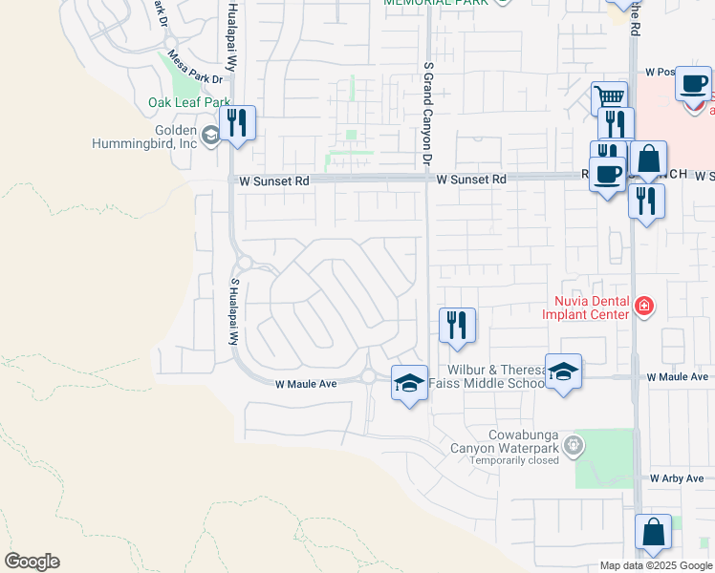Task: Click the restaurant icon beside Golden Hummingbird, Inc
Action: [x=237, y=123]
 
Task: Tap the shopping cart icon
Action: [x=608, y=97]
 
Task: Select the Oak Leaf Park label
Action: [x=189, y=102]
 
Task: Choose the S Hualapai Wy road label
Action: [x=232, y=312]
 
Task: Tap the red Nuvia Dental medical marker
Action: [x=644, y=307]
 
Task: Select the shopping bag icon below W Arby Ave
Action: [x=653, y=533]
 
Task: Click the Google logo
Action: [x=31, y=562]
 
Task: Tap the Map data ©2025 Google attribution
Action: [x=655, y=565]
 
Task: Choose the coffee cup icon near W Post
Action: [x=692, y=83]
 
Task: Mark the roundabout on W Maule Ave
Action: [x=369, y=377]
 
